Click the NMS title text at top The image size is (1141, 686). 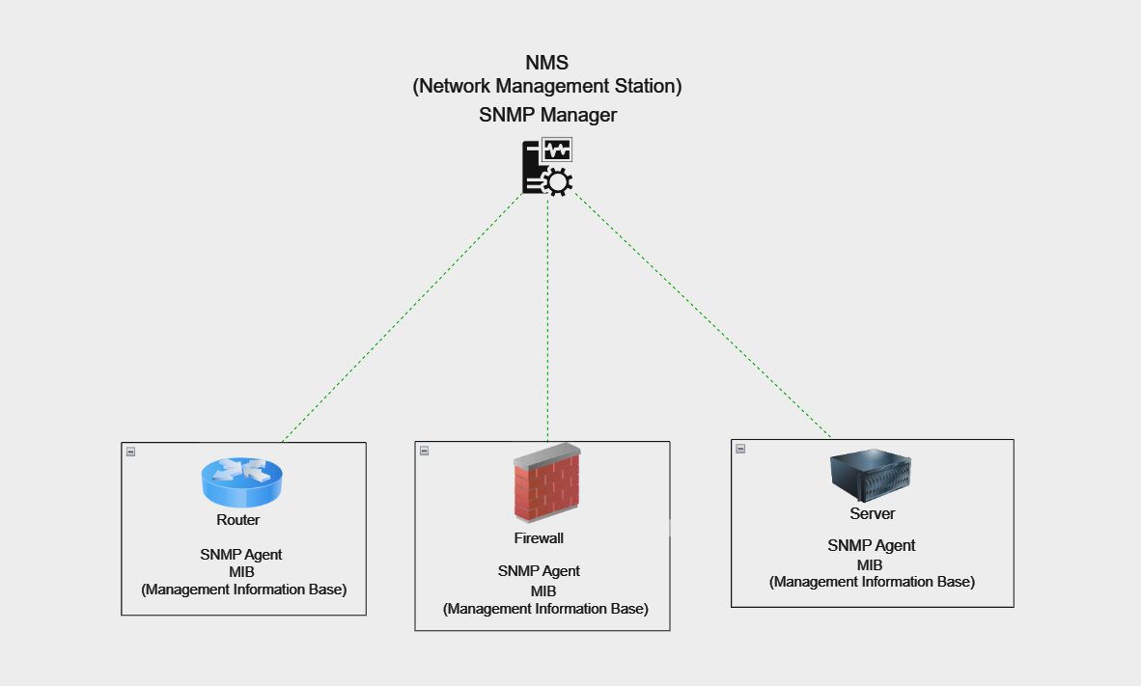tap(546, 64)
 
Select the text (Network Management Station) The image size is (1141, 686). tap(547, 87)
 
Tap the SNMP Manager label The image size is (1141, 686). tap(547, 116)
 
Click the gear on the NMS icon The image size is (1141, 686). tap(558, 181)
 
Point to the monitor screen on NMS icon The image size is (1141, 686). tap(557, 150)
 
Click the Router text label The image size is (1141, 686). tap(237, 520)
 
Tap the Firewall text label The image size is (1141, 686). tap(539, 538)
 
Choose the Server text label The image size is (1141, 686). tap(872, 514)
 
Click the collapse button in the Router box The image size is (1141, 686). tap(130, 451)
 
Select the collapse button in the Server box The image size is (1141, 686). tap(740, 448)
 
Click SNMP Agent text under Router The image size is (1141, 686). tap(241, 555)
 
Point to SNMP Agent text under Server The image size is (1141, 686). tap(871, 546)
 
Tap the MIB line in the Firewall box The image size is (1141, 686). tap(543, 590)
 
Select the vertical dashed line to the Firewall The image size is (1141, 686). tap(547, 318)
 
